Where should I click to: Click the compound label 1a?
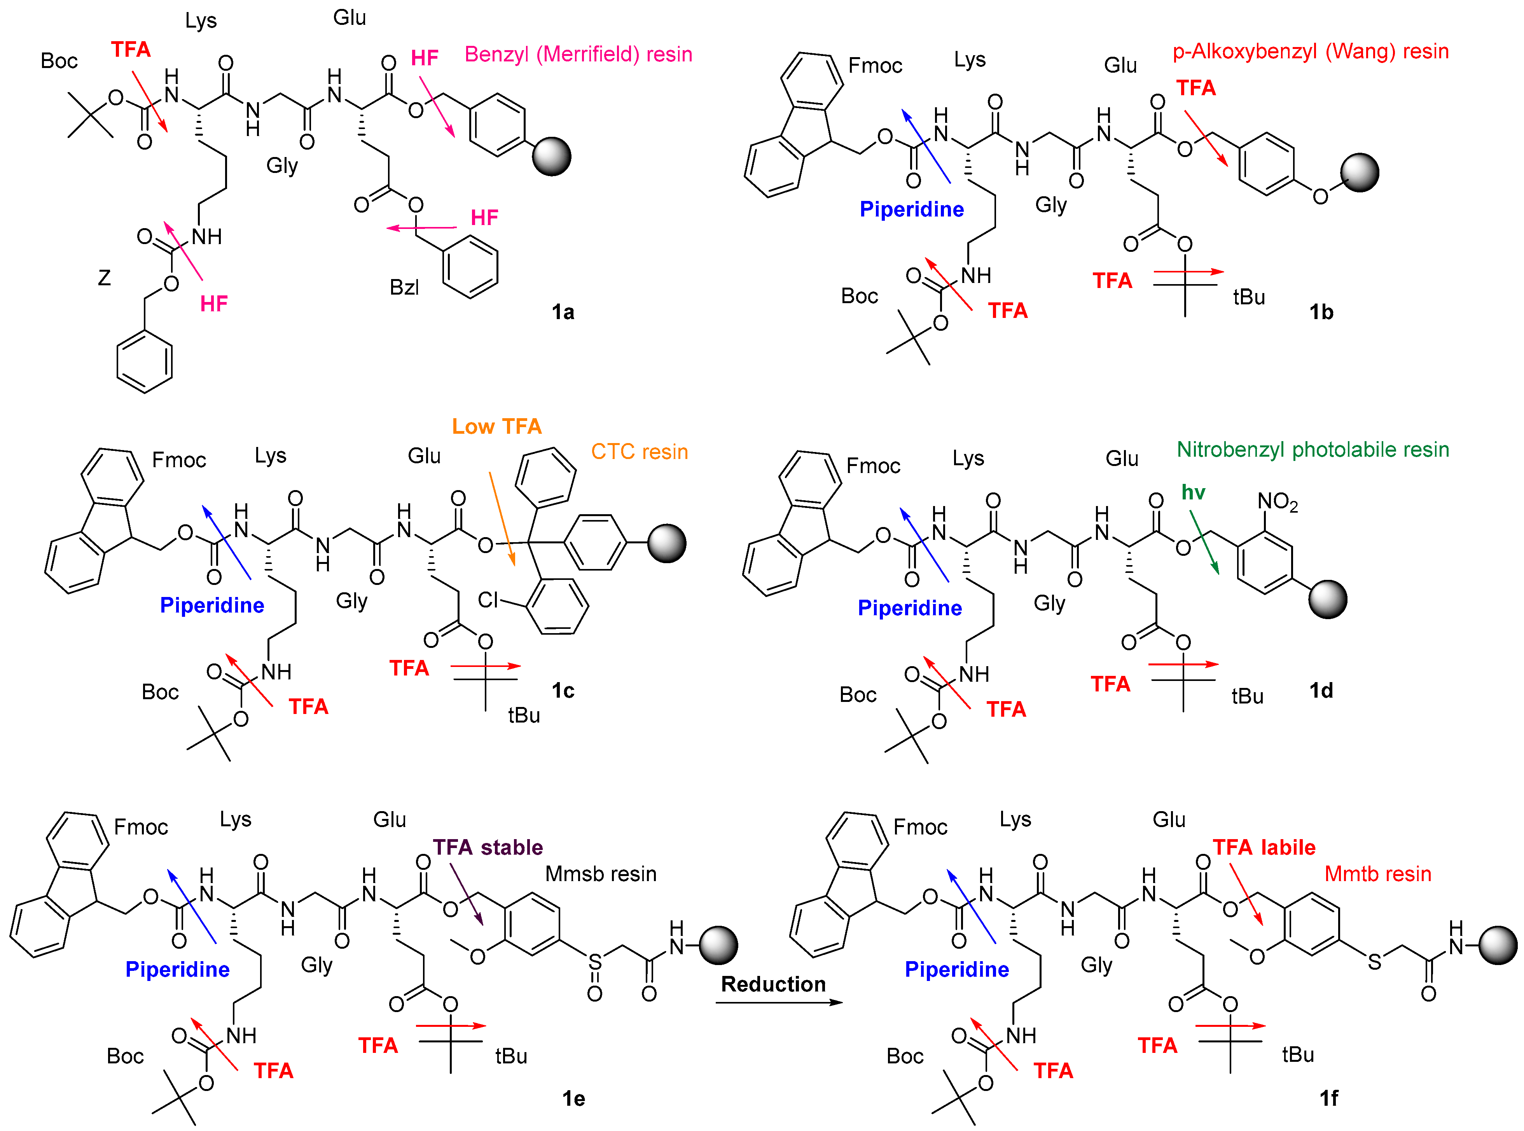click(563, 313)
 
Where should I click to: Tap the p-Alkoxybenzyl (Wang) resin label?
click(1311, 51)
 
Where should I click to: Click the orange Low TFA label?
click(496, 426)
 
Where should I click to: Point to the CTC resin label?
click(640, 452)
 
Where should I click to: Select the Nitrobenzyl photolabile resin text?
click(1313, 450)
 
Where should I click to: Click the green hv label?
click(1193, 492)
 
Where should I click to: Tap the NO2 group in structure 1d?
click(1277, 502)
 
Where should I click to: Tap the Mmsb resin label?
click(600, 874)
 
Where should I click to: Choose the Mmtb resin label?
click(1377, 874)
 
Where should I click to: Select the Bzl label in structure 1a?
click(404, 288)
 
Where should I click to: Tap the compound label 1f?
click(1328, 1098)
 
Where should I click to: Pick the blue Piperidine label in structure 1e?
click(177, 969)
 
